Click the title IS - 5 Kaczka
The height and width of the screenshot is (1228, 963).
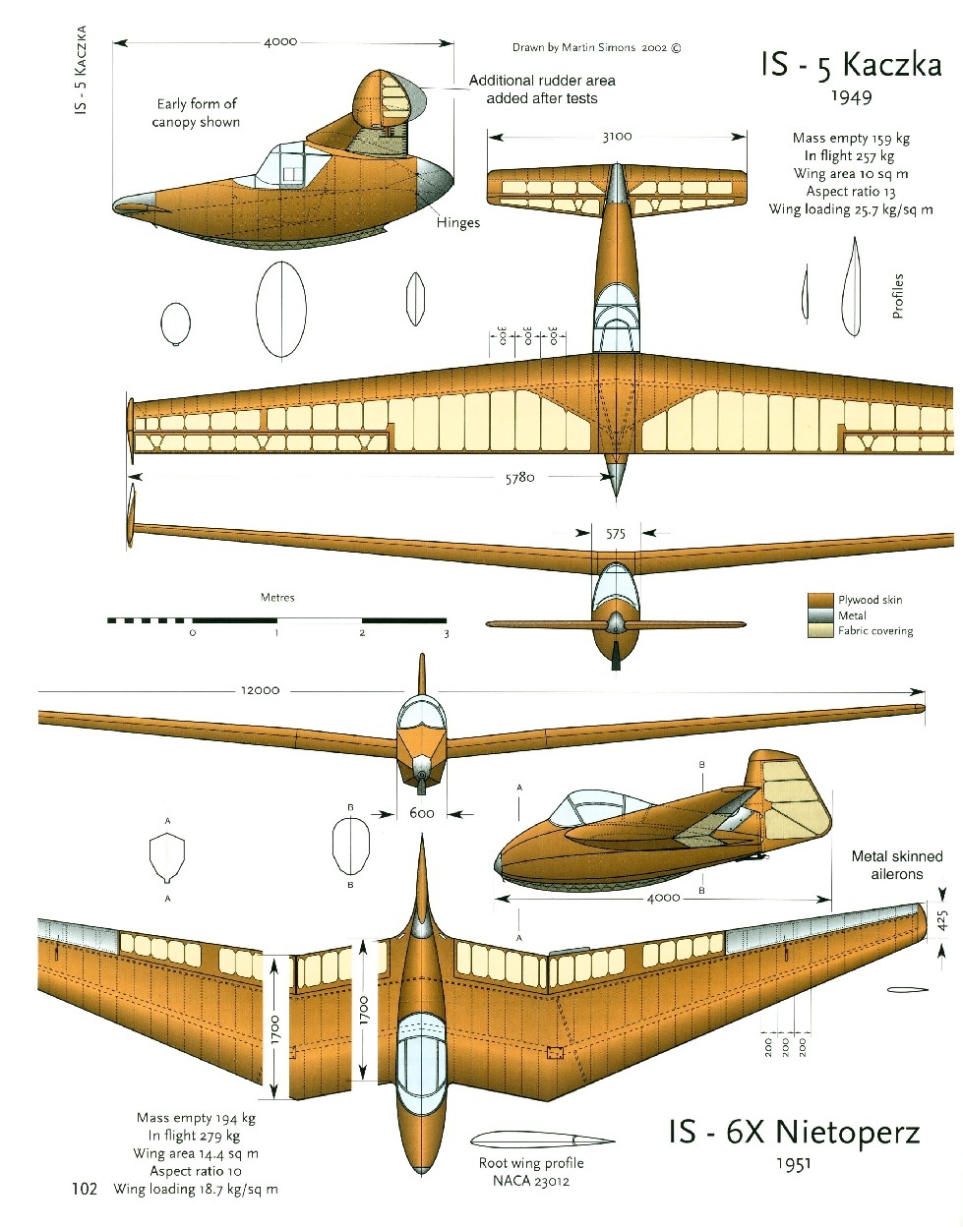[851, 65]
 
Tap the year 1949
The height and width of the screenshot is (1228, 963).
[851, 96]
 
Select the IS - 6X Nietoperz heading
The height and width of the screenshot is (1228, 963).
[794, 1133]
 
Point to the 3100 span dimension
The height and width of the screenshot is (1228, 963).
[617, 137]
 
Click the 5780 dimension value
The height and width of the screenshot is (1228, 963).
[519, 478]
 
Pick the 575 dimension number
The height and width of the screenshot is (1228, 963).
[616, 534]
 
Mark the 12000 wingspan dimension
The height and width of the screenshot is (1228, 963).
[260, 690]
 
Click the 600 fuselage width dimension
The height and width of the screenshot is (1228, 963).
[421, 813]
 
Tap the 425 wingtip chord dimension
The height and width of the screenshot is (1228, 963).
[941, 920]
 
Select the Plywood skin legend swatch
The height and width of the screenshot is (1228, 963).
[820, 600]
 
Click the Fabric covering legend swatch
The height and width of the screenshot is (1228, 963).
[820, 631]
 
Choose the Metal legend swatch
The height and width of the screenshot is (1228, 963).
[820, 615]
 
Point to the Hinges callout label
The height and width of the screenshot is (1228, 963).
[457, 223]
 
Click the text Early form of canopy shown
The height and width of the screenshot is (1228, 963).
[197, 113]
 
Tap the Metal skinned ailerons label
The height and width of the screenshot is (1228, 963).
[896, 865]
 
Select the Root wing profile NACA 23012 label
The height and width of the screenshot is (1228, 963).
[531, 1172]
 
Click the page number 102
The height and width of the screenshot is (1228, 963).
[85, 1189]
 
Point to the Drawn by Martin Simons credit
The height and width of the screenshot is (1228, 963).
[596, 47]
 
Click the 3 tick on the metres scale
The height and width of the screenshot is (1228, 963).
[446, 633]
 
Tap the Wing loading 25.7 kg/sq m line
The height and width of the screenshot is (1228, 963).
[851, 209]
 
